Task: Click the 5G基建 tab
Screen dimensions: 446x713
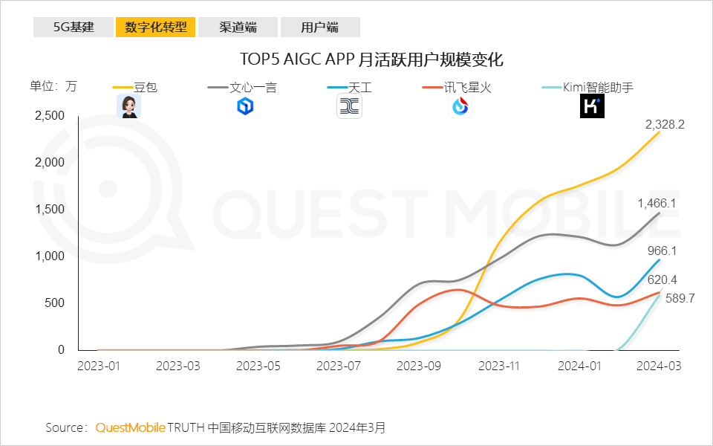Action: pyautogui.click(x=74, y=28)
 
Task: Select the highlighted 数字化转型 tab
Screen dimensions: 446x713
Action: pyautogui.click(x=155, y=28)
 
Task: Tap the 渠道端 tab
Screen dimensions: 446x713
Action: pyautogui.click(x=238, y=28)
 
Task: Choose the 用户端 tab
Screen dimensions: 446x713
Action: pyautogui.click(x=320, y=28)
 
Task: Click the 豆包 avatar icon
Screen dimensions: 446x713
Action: pyautogui.click(x=129, y=106)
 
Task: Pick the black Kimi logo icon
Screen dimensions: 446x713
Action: pyautogui.click(x=592, y=106)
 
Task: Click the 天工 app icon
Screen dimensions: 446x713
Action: pyautogui.click(x=349, y=107)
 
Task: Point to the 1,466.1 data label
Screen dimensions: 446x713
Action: pyautogui.click(x=657, y=202)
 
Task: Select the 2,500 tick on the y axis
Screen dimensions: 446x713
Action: pyautogui.click(x=50, y=116)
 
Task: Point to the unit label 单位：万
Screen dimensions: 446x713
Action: pyautogui.click(x=53, y=85)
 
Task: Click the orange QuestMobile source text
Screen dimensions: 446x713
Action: pyautogui.click(x=130, y=427)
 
